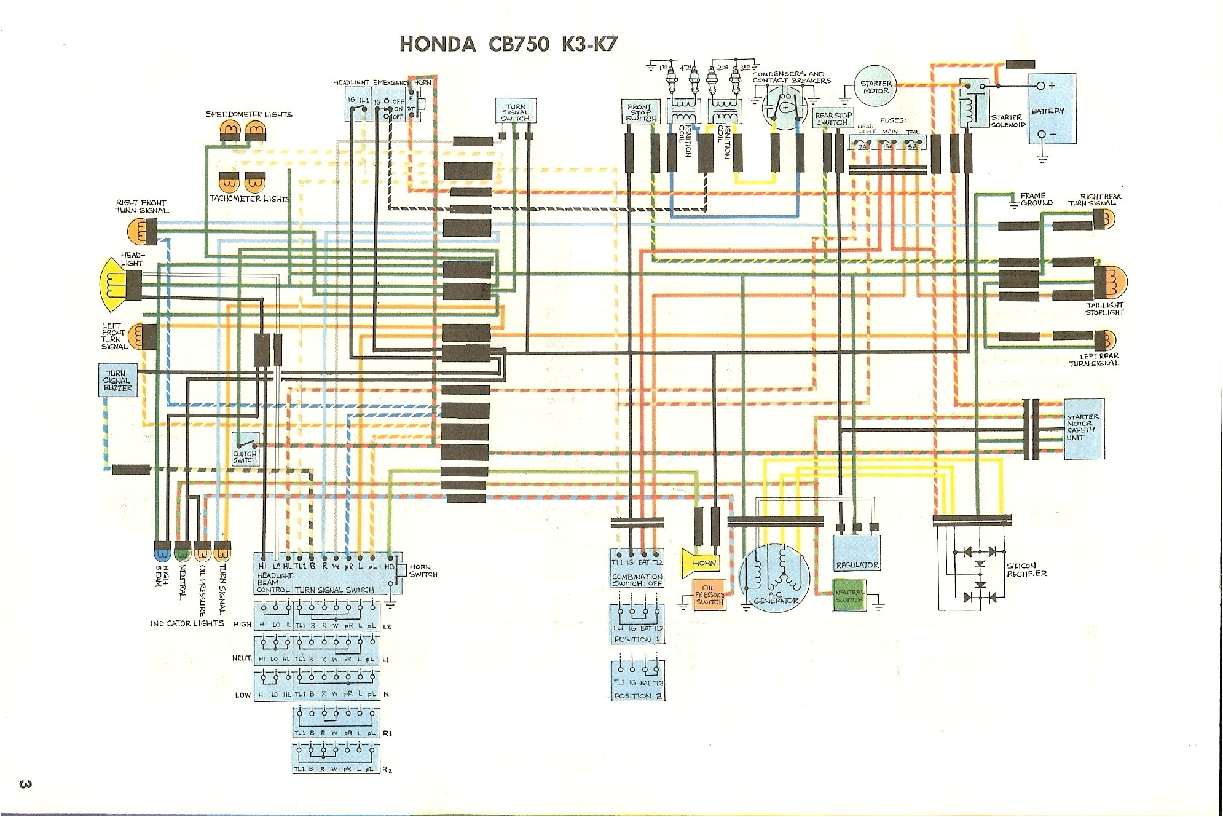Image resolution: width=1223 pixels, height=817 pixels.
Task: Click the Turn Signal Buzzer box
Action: (x=118, y=380)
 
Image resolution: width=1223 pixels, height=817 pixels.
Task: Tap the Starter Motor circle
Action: (x=876, y=87)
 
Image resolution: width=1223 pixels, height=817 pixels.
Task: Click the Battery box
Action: (x=1053, y=109)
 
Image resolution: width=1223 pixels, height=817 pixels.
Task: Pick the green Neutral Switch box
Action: (x=849, y=595)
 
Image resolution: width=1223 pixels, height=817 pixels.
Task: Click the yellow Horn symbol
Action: (x=700, y=563)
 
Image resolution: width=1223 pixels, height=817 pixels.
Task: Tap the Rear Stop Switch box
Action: (x=833, y=119)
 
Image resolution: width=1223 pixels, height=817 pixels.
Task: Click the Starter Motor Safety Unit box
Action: (x=1084, y=429)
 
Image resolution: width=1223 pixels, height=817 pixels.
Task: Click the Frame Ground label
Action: (x=1036, y=199)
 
